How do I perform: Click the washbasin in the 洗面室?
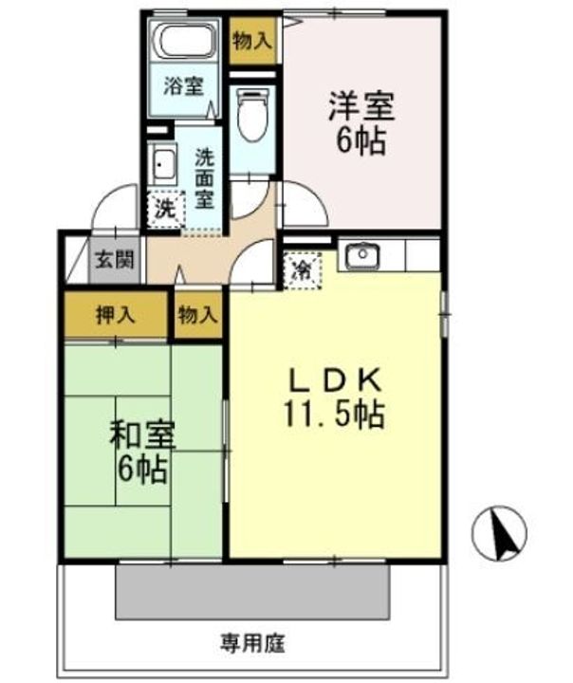coord(163,168)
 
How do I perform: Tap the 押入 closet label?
coord(117,315)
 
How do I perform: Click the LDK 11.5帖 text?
coord(335,397)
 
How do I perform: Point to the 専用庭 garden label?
coord(255,640)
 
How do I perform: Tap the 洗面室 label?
coord(206,178)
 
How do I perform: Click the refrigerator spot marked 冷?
coord(303,269)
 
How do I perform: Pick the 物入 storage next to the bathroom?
coord(252,40)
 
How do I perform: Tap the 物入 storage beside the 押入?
coord(197,315)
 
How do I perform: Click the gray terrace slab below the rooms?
coord(253,593)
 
